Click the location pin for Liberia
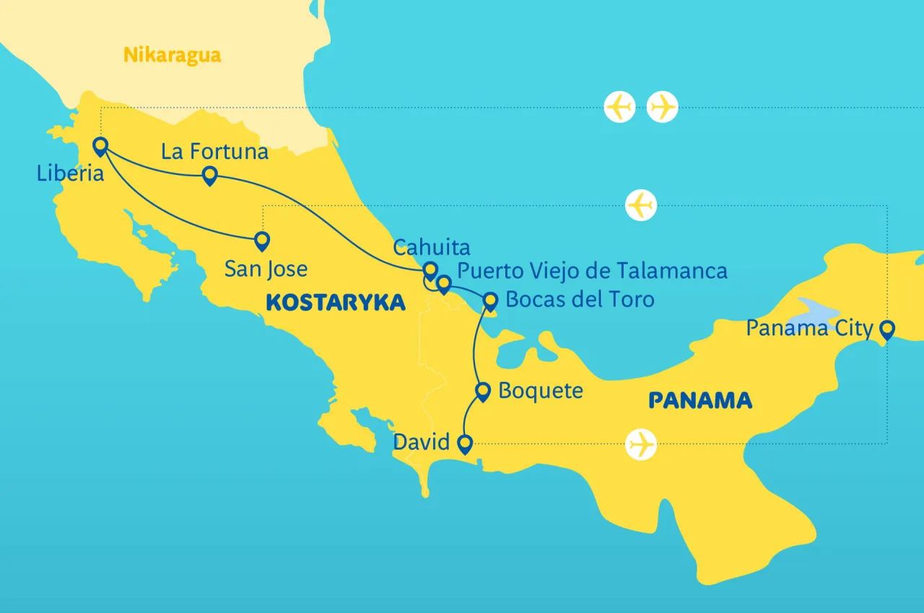[x=100, y=146]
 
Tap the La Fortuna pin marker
[x=209, y=175]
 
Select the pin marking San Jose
[x=262, y=240]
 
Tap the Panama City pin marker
[x=886, y=329]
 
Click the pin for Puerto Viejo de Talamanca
[x=444, y=284]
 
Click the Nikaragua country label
[x=172, y=55]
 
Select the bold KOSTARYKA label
[x=336, y=303]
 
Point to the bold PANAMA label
[x=700, y=400]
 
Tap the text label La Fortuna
[x=214, y=152]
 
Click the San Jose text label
[x=266, y=269]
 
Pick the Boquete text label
[x=540, y=391]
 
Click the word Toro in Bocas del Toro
[x=629, y=299]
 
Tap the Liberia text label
[x=70, y=173]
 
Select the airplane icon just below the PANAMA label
[x=641, y=443]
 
